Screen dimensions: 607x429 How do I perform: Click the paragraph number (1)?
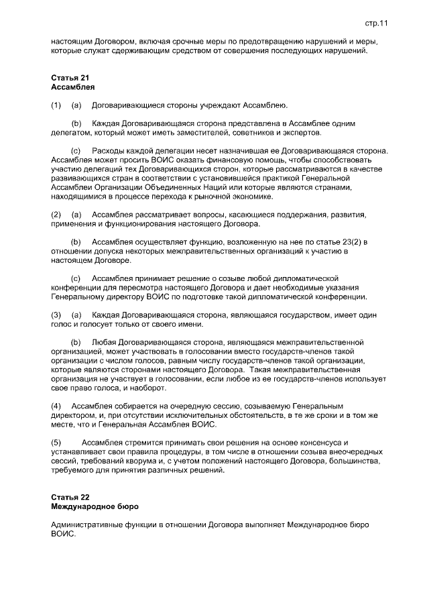[56, 105]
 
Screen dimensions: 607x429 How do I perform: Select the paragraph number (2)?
[56, 214]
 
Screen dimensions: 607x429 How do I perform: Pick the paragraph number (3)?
[56, 315]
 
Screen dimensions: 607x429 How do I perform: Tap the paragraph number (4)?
[56, 406]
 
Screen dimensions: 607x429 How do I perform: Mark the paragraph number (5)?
[56, 443]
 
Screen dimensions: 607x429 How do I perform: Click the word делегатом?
[70, 133]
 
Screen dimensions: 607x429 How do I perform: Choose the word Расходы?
[109, 152]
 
